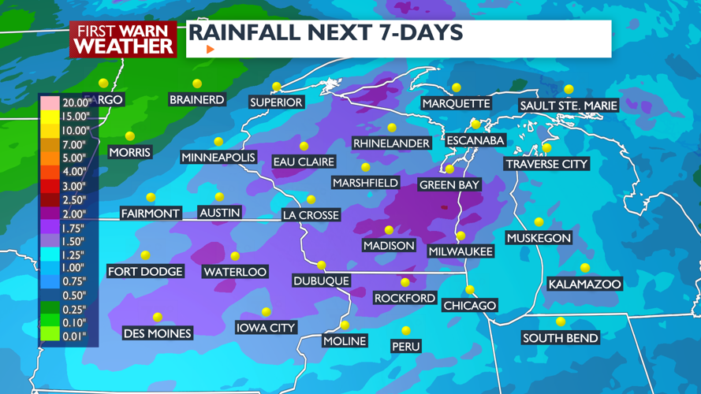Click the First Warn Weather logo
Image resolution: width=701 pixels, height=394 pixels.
(123, 39)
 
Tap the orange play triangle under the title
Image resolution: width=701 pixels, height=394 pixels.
(211, 49)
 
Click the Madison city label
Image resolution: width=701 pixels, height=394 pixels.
(389, 246)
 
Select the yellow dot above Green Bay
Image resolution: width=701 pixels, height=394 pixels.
(449, 169)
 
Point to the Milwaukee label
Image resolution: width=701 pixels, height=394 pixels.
(460, 251)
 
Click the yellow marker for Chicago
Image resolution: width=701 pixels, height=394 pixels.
(470, 290)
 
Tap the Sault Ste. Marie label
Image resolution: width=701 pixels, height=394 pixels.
(569, 106)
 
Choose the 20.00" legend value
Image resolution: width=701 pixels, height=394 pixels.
(76, 102)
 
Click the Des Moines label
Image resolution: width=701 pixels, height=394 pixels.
(158, 333)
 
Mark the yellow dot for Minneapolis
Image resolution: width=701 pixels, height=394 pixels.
(218, 143)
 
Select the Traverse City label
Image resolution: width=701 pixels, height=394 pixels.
(546, 164)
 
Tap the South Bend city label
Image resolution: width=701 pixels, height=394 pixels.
(560, 338)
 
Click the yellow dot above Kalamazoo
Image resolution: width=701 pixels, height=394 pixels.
(585, 268)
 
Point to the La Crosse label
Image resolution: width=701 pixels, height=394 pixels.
(311, 214)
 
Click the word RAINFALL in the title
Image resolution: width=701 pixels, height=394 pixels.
(245, 33)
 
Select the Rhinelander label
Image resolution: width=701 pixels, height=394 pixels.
(391, 143)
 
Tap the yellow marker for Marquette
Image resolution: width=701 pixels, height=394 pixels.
(457, 87)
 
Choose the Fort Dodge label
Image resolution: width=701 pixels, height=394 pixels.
(145, 271)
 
